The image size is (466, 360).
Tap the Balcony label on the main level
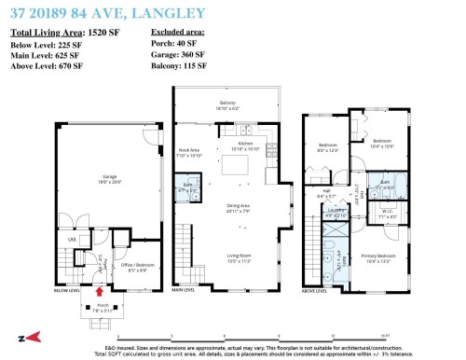pyautogui.click(x=227, y=104)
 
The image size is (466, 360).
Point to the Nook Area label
pyautogui.click(x=189, y=151)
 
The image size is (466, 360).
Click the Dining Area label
pyautogui.click(x=226, y=209)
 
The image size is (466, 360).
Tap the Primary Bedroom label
pyautogui.click(x=378, y=256)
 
